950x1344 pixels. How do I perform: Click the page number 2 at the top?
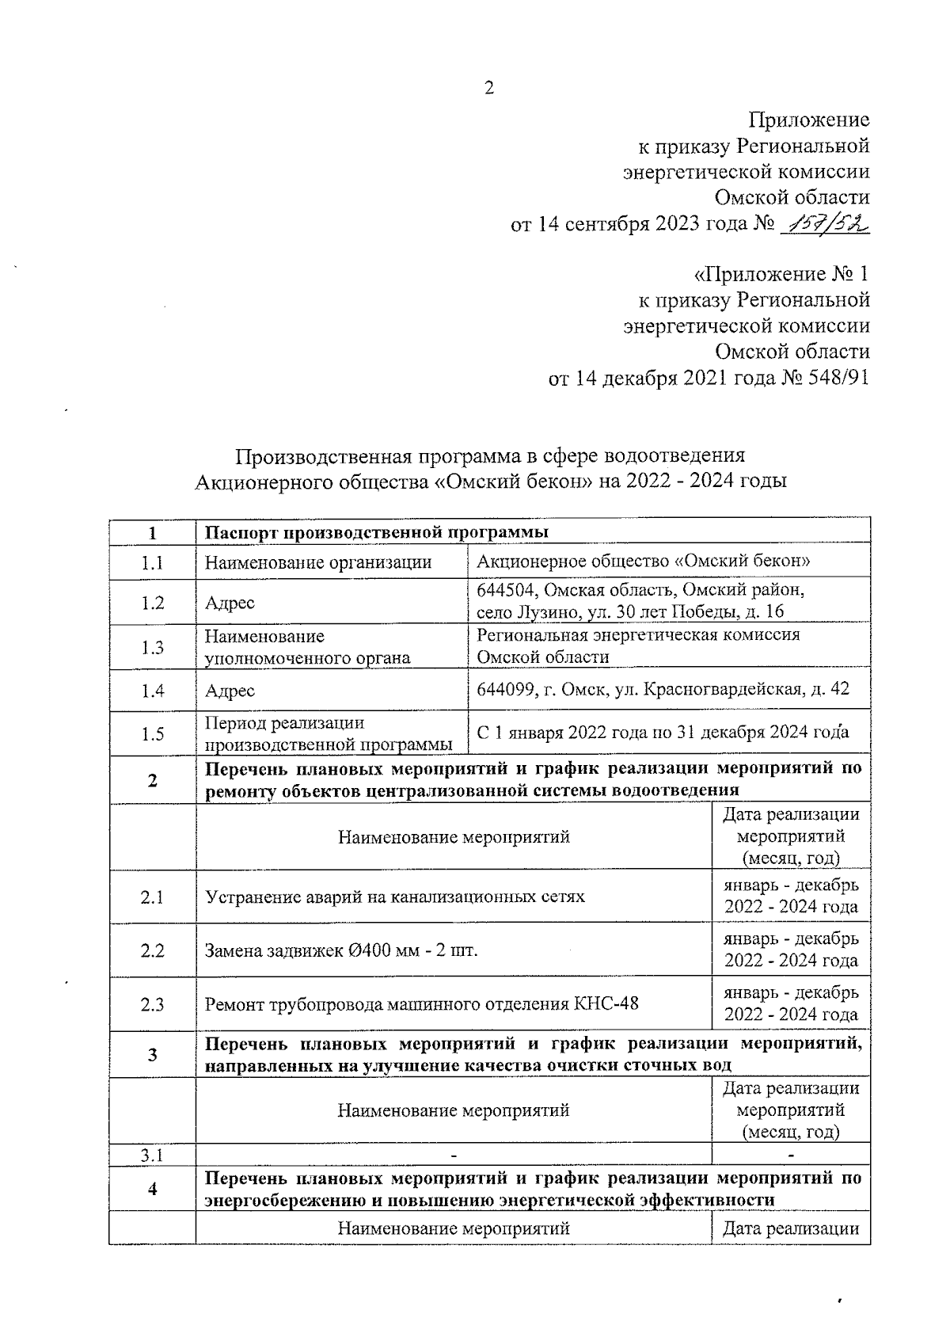tap(488, 88)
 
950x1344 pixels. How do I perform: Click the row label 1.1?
tap(152, 563)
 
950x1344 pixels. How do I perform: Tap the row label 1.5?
tap(152, 734)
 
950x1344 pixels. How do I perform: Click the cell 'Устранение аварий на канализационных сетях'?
tap(395, 897)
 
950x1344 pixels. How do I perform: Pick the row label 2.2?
tap(152, 950)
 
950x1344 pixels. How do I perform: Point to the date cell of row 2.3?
tap(791, 1003)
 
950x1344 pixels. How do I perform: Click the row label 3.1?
tap(152, 1155)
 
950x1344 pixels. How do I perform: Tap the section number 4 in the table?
tap(152, 1189)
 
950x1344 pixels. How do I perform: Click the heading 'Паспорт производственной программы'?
tap(377, 531)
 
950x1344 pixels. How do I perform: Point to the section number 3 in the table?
tap(152, 1054)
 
